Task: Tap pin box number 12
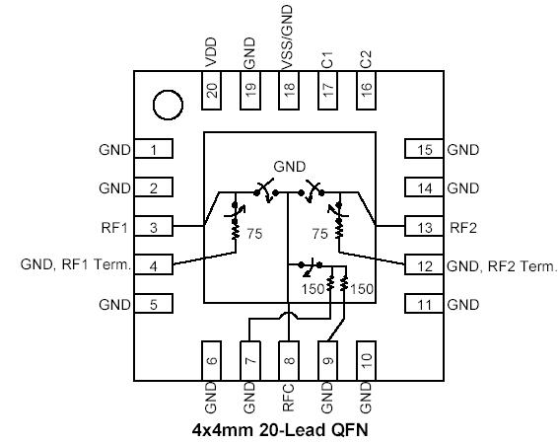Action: coord(425,265)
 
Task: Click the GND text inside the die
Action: coord(289,166)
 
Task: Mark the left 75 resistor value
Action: coord(255,236)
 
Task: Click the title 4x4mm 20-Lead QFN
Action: coord(278,430)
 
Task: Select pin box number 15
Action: coord(425,150)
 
